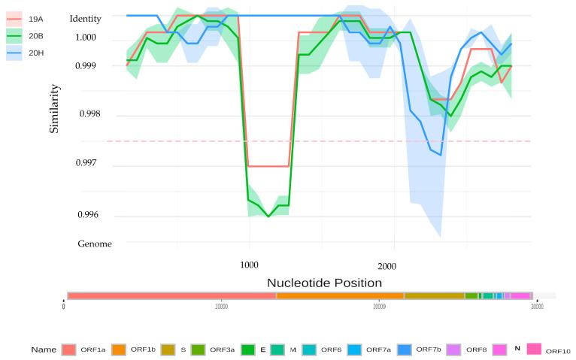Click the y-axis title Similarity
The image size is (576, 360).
[54, 108]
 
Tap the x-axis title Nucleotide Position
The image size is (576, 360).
[324, 283]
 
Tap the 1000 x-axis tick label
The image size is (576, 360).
[249, 265]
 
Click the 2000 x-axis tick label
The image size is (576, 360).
[387, 266]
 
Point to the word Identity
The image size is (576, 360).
[85, 18]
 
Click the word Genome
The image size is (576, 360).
[95, 244]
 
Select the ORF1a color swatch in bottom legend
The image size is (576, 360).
[69, 349]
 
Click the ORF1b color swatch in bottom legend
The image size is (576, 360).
[118, 349]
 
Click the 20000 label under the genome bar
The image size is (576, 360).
[379, 306]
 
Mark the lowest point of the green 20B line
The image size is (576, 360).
[268, 216]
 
